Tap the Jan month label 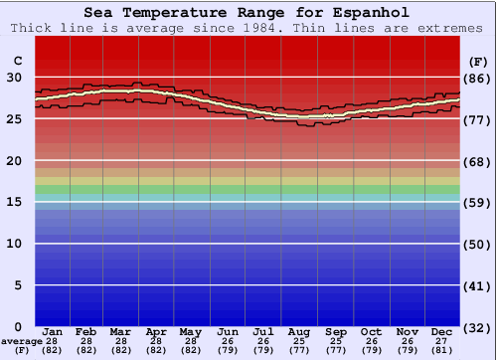(54, 331)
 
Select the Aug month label (300, 331)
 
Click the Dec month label (442, 331)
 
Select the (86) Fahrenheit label (478, 78)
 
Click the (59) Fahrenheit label (478, 203)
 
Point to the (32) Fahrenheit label (478, 327)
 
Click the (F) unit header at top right (478, 61)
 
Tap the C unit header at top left (17, 61)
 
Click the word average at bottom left (21, 341)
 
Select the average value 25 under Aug (300, 341)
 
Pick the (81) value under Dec (442, 350)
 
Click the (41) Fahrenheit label (478, 286)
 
